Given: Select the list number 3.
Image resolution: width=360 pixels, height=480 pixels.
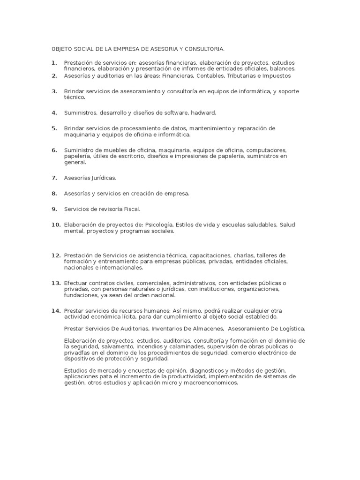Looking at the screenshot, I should [x=54, y=91].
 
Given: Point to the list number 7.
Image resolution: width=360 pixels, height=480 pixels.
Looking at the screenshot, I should [x=54, y=178].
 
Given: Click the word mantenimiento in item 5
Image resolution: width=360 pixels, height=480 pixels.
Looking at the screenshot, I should [x=210, y=128].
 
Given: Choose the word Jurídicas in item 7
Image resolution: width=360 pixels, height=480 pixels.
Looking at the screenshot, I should [x=102, y=178].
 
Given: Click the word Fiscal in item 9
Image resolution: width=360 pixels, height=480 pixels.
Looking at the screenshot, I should [x=131, y=209].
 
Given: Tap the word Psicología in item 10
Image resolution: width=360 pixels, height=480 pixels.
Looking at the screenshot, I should [x=160, y=225].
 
